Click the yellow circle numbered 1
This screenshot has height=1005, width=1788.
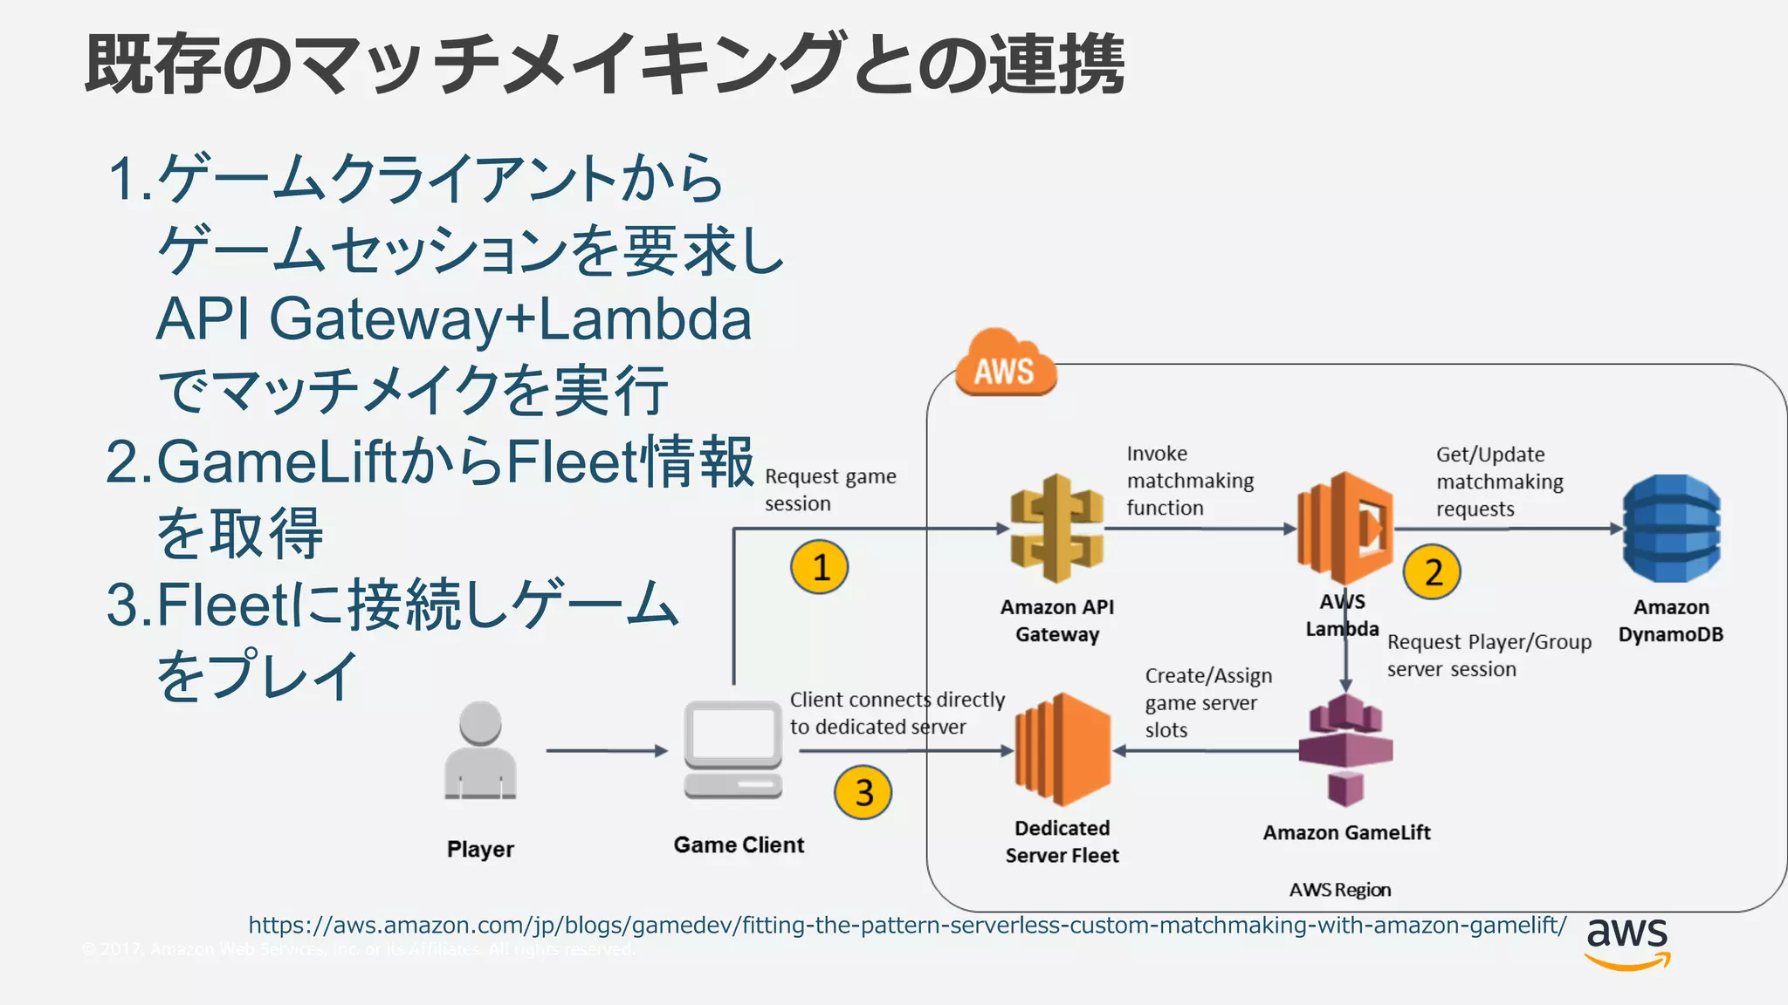coord(820,567)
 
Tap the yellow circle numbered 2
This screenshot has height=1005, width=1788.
coord(1432,572)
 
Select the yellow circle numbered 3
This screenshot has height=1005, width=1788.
coord(863,792)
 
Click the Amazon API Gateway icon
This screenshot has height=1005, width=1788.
coord(1056,529)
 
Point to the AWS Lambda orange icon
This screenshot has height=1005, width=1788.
coord(1344,528)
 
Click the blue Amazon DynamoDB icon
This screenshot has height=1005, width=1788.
coord(1671,529)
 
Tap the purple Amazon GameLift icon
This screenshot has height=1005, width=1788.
coord(1345,750)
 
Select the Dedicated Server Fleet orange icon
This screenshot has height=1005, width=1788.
coord(1062,749)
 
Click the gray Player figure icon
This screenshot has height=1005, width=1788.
coord(480,750)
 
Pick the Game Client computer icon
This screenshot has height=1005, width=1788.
coord(732,749)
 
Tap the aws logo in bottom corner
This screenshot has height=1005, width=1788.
coord(1626,942)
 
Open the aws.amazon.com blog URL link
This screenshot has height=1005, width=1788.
coord(907,925)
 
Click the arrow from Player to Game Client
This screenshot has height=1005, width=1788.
coord(606,750)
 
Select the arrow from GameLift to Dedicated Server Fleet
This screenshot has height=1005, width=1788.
coord(1205,750)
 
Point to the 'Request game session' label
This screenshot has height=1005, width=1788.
coord(829,489)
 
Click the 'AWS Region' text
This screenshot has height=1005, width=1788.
coord(1339,890)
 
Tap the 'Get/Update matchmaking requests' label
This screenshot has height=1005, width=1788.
coord(1499,482)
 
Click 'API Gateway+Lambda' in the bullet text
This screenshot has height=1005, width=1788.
coord(453,319)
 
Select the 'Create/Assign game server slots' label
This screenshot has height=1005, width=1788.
coord(1207,702)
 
